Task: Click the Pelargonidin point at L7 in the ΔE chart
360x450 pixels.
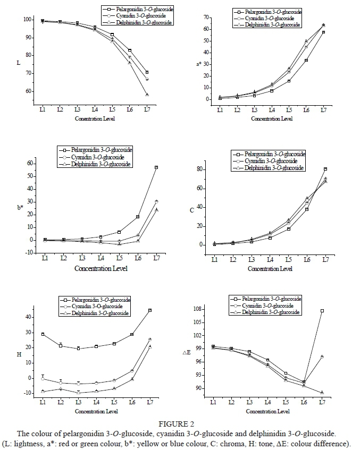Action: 322,311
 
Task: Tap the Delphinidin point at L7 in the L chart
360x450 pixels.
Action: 147,95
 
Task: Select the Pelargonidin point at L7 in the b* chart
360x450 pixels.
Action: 156,167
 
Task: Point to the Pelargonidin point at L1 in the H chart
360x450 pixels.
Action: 43,334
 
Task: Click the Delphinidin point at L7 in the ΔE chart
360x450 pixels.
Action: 322,393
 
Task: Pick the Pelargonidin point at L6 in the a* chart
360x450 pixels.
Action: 306,60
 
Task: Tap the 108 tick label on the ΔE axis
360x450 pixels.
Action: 200,309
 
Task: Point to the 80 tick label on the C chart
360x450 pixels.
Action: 200,169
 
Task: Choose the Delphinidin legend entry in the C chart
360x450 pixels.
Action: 272,167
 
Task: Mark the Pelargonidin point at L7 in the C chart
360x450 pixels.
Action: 325,169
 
